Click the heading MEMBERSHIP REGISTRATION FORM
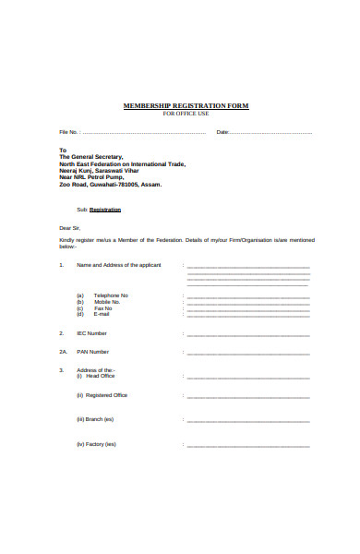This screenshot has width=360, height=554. coord(186,106)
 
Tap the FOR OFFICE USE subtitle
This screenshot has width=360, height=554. coord(186,114)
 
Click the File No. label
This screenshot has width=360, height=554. coord(70,133)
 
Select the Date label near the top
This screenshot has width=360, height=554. coord(222,133)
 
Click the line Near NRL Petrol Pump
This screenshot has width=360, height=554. coord(91,176)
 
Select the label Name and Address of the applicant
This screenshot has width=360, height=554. coord(118,265)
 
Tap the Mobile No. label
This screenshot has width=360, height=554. coord(107,301)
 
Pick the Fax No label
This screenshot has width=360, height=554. coord(103,308)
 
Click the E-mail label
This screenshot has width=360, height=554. coord(102,315)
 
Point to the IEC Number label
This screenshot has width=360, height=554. coord(91,333)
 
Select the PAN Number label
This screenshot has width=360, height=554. coord(92,352)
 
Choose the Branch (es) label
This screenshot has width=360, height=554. coord(100,419)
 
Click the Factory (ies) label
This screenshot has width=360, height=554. coord(102,444)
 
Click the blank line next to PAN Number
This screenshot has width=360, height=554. coord(247,353)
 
